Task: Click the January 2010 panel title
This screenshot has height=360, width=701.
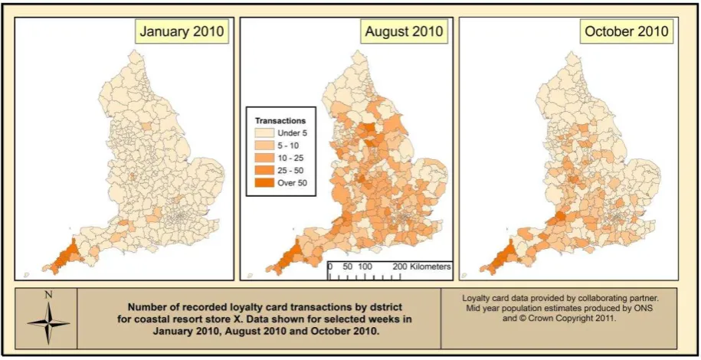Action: coord(182,31)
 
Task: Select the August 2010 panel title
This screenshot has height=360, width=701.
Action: coord(405,31)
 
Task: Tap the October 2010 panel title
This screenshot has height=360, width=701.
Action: coord(627,31)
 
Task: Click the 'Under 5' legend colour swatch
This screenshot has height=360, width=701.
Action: coord(264,133)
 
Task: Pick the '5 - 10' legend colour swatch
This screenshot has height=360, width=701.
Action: coord(264,146)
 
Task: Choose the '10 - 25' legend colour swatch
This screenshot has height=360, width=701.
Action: coord(264,158)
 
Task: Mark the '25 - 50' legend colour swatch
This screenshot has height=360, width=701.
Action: coord(264,170)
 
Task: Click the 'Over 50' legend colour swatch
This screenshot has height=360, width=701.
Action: coord(264,183)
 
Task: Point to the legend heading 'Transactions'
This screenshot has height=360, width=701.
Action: coord(280,121)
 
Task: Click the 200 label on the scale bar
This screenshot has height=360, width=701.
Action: coord(400,267)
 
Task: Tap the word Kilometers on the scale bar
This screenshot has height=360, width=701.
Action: coord(430,267)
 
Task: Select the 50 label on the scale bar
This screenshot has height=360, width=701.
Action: coord(348,267)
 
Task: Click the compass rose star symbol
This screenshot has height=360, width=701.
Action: coord(48,322)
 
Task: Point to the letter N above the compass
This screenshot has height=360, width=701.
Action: coord(48,295)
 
